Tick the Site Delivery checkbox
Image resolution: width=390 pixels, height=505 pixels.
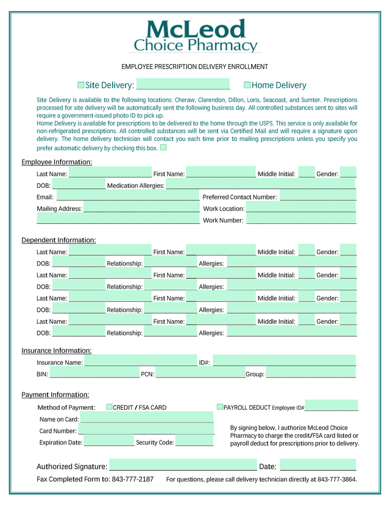81,85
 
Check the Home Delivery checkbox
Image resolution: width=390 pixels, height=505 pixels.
247,85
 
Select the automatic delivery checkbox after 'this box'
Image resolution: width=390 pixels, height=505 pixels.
163,147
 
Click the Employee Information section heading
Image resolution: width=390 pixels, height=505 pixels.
57,162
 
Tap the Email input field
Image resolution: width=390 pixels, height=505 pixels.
127,197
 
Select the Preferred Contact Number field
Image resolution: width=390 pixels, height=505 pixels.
317,197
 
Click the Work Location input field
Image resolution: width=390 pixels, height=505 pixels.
301,209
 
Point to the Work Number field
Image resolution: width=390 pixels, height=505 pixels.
301,220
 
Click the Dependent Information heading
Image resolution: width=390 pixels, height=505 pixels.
58,240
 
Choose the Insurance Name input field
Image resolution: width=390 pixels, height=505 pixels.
140,362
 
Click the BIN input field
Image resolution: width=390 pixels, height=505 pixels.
94,374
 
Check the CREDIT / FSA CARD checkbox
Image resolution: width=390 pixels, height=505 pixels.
110,407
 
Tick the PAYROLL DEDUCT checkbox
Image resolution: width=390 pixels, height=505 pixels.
220,407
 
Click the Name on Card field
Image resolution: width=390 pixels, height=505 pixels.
147,419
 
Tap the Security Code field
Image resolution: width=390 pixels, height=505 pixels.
194,442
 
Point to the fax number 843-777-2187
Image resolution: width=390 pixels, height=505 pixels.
132,479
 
